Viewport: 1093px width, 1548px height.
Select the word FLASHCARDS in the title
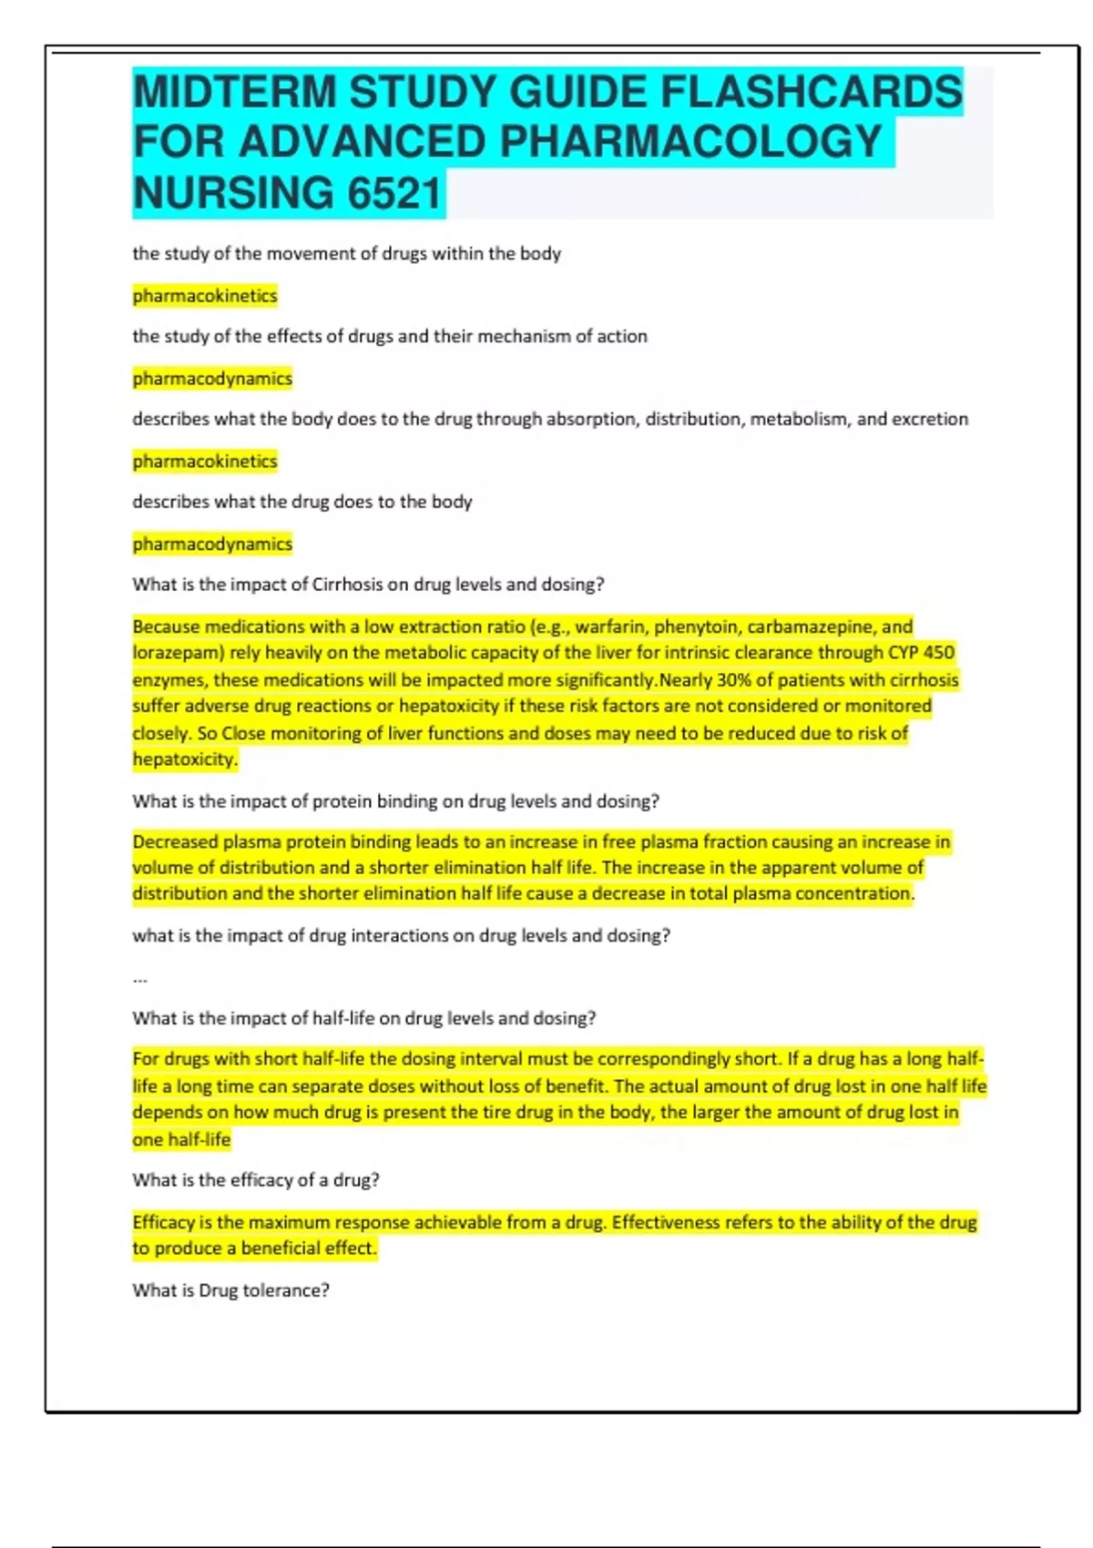point(811,92)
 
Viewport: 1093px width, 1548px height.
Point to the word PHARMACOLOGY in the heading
point(691,142)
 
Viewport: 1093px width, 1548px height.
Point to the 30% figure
point(733,680)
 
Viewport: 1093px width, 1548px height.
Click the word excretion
point(930,419)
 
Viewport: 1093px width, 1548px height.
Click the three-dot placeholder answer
point(140,979)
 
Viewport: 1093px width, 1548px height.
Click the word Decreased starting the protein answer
point(175,842)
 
